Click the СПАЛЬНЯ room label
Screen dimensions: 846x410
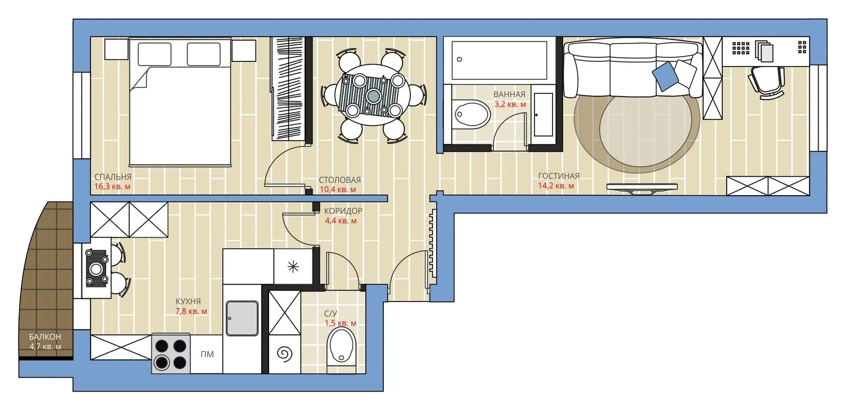click(113, 177)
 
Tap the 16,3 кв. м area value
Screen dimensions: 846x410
click(113, 187)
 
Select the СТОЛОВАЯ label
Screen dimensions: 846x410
click(339, 180)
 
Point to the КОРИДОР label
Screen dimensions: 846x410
click(343, 211)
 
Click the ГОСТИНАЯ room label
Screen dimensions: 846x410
click(558, 176)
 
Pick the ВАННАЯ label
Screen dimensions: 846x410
click(510, 95)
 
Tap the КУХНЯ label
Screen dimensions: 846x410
click(188, 302)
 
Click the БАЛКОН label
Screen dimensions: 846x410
click(45, 336)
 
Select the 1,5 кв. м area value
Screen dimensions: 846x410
click(341, 323)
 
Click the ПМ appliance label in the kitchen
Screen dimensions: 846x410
click(207, 354)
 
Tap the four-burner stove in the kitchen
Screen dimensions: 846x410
click(171, 354)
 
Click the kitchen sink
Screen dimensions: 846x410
click(242, 318)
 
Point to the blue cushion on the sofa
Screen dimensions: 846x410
click(665, 76)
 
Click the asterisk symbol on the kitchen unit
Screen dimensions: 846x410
click(293, 267)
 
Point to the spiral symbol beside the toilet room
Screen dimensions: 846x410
click(285, 354)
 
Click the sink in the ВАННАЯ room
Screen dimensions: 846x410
click(471, 114)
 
